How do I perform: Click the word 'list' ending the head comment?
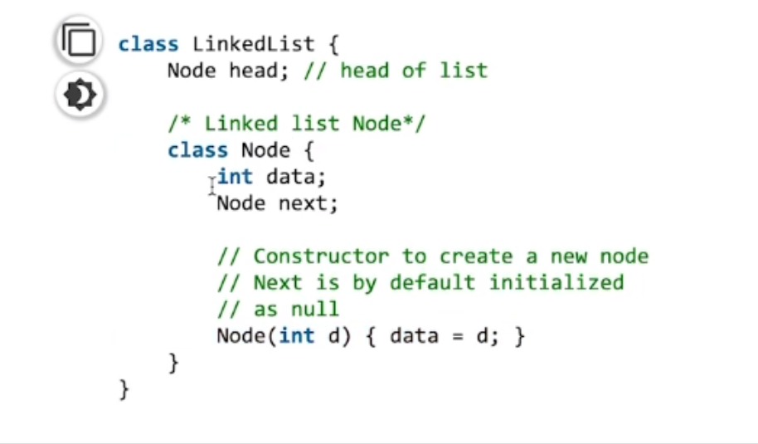[x=464, y=71]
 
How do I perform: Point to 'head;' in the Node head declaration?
[x=260, y=71]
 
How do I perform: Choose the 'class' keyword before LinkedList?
[x=148, y=44]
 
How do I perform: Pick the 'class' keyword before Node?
[x=197, y=150]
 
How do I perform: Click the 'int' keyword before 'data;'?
[x=236, y=177]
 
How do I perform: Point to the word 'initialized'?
[x=556, y=283]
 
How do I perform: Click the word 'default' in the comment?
[x=432, y=283]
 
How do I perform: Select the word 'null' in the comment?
[x=315, y=310]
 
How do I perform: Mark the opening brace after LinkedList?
[x=333, y=44]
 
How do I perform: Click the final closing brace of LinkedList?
[x=125, y=388]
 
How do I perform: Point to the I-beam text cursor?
[x=212, y=183]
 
